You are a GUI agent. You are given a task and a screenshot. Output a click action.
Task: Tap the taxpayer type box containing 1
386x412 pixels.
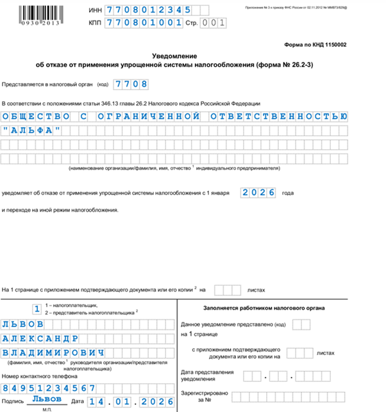37,310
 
